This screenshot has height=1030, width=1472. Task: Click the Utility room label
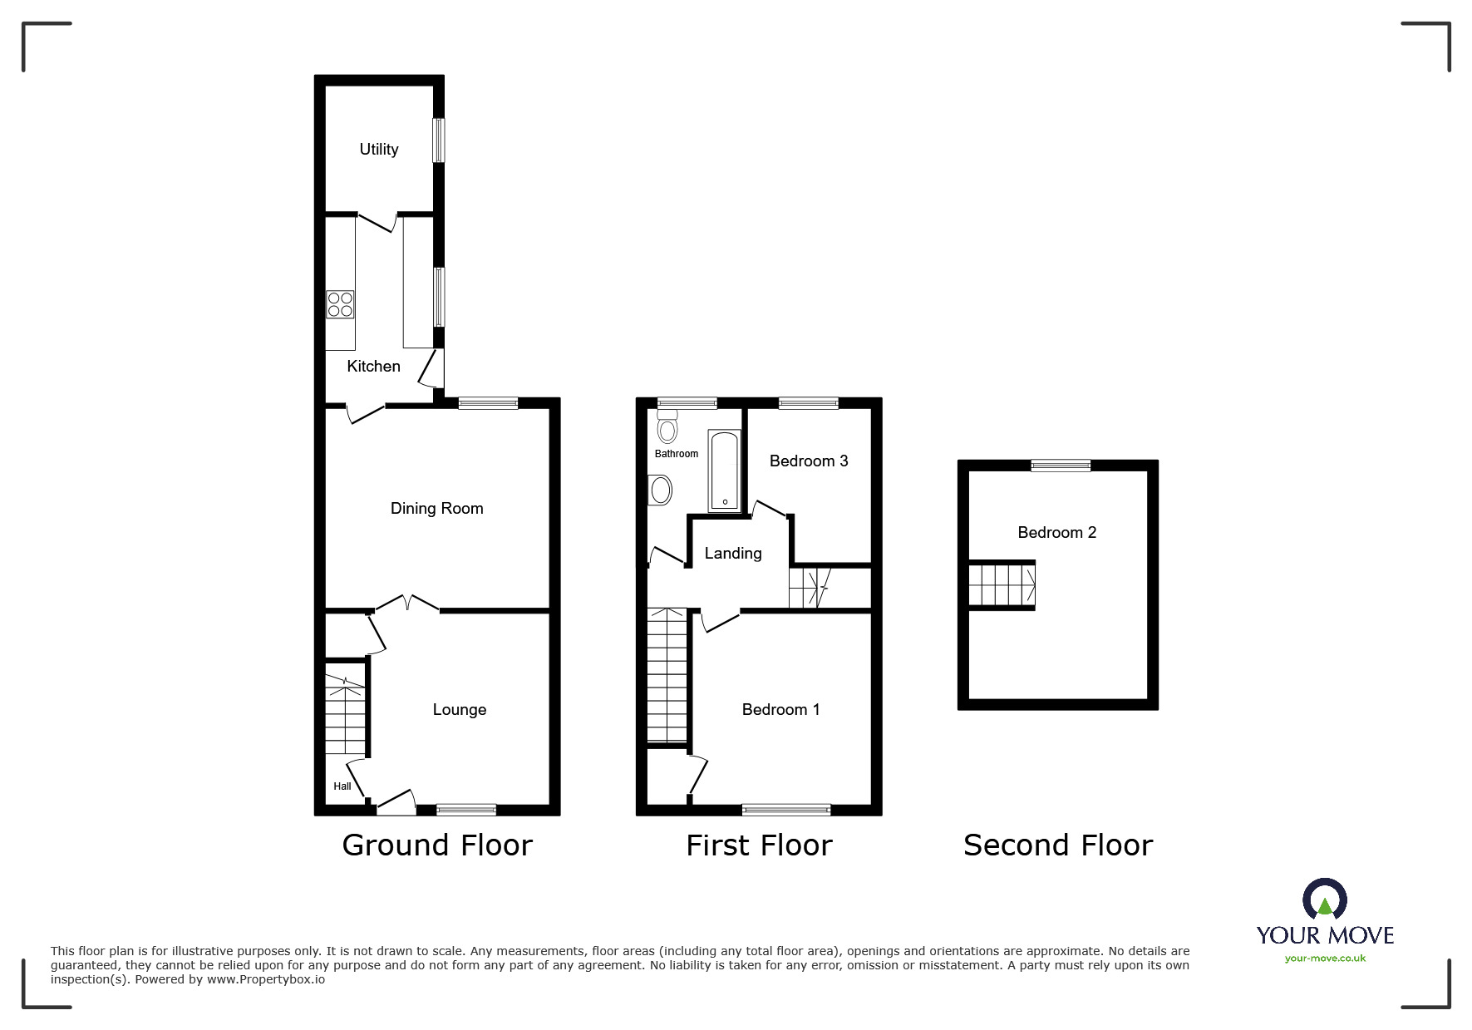(x=378, y=149)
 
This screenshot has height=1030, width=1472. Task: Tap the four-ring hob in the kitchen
(x=340, y=303)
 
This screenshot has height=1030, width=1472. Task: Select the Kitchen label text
(x=373, y=366)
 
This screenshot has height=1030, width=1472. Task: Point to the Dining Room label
(x=436, y=508)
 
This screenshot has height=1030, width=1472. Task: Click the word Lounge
(x=459, y=709)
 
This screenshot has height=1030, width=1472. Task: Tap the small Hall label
(x=342, y=786)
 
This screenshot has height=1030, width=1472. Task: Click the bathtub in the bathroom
(x=724, y=470)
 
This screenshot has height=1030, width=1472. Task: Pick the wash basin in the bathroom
(x=660, y=490)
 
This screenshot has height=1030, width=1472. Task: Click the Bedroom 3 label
(x=808, y=461)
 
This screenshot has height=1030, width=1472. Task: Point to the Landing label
(x=732, y=553)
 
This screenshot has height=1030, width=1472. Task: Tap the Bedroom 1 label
(x=780, y=709)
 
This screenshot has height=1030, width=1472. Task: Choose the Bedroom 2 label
(x=1056, y=532)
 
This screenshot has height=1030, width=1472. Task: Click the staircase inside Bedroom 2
(x=1002, y=584)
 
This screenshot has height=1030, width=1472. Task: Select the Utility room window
(x=438, y=140)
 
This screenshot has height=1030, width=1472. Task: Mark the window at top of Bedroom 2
(x=1061, y=466)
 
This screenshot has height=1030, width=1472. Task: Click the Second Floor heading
(x=1057, y=845)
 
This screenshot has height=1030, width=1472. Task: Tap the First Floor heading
(x=758, y=845)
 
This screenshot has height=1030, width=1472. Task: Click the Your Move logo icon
(x=1324, y=899)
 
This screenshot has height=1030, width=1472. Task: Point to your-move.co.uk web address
(x=1325, y=959)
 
